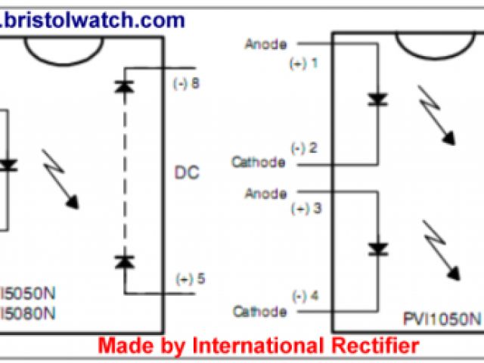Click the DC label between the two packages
click(187, 173)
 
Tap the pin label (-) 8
click(186, 84)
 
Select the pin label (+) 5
click(189, 278)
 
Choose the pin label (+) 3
click(306, 208)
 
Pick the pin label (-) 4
click(307, 295)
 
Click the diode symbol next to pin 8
click(123, 85)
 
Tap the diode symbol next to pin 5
click(123, 262)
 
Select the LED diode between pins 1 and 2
click(377, 99)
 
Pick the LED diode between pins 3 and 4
click(377, 248)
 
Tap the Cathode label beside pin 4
click(259, 312)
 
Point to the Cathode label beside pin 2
click(259, 162)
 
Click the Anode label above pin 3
click(265, 194)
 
